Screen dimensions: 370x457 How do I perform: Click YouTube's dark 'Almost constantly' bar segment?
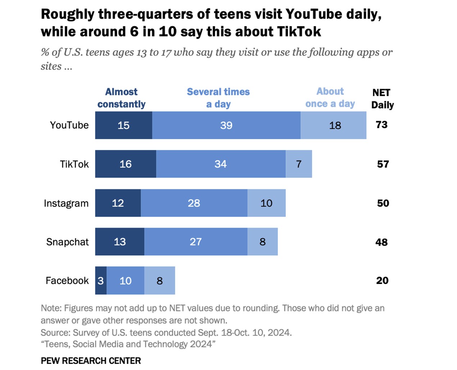(x=123, y=125)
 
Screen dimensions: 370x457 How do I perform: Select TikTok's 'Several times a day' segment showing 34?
(x=221, y=164)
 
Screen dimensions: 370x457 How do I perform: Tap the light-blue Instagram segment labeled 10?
(x=266, y=203)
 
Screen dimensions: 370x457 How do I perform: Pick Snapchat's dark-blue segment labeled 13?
(x=119, y=242)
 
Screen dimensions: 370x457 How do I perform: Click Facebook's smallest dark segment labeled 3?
(x=101, y=281)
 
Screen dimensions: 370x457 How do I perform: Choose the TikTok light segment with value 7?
(x=299, y=164)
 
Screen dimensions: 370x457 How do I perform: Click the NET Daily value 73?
(x=381, y=125)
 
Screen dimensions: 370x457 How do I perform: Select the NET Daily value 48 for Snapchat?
(x=381, y=242)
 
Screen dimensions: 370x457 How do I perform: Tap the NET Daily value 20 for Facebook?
(x=382, y=281)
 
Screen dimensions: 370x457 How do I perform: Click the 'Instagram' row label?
(x=66, y=203)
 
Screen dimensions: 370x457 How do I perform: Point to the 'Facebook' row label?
(x=67, y=281)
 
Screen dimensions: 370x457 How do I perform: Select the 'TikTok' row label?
(x=74, y=164)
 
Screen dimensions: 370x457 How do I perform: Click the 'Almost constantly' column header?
(x=121, y=98)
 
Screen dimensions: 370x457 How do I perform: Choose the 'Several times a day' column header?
(x=218, y=98)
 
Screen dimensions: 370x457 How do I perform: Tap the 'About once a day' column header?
(x=330, y=98)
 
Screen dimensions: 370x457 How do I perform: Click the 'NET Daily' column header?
(x=383, y=99)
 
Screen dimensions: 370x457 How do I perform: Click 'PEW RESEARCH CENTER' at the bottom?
(x=91, y=361)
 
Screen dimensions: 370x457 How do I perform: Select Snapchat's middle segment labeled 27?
(x=196, y=242)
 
